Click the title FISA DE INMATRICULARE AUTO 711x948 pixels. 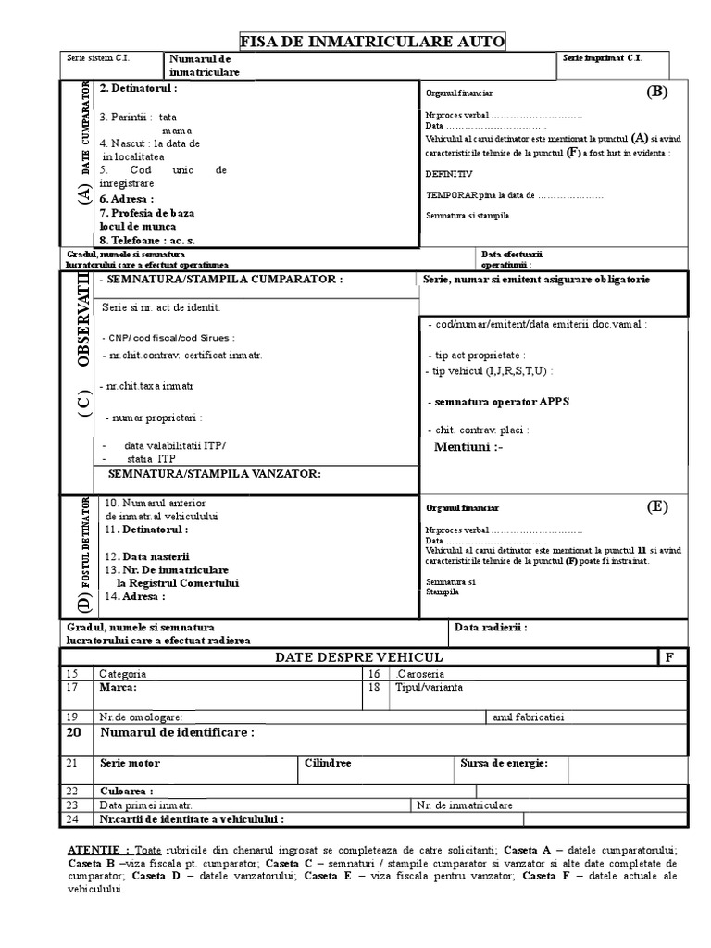coord(373,41)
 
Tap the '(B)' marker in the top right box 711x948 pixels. coord(657,91)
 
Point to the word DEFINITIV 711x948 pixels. coord(449,173)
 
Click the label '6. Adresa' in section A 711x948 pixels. coord(127,198)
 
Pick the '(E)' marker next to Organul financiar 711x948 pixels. coord(656,506)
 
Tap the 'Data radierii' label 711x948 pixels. coord(491,627)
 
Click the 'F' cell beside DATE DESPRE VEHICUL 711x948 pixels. coord(669,656)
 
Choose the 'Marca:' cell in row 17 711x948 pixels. coord(118,688)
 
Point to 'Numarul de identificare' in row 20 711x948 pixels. coord(176,732)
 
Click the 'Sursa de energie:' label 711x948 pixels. coord(504,763)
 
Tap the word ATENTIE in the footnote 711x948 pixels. coord(98,850)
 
